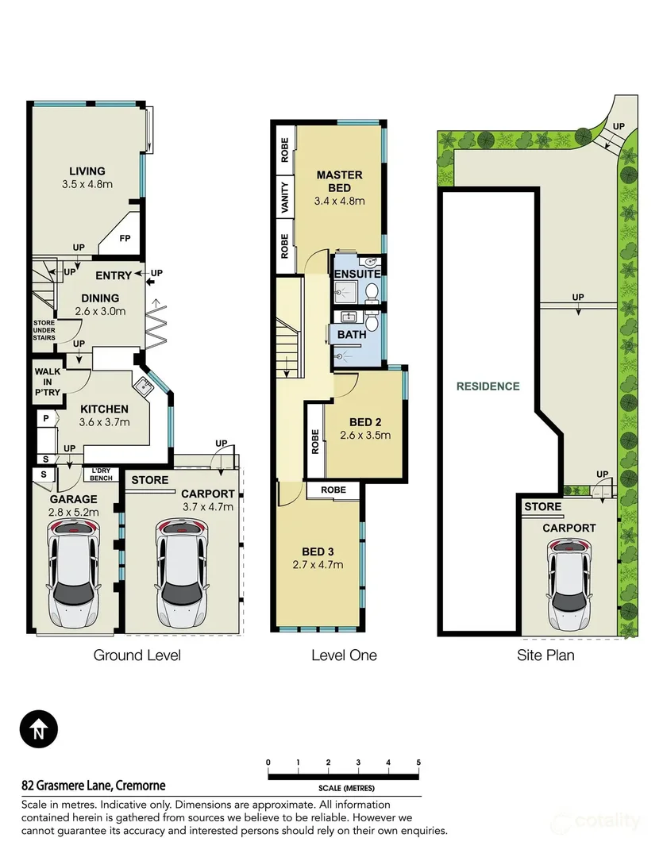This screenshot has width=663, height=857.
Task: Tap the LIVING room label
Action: (87, 171)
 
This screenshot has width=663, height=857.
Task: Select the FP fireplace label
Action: (125, 238)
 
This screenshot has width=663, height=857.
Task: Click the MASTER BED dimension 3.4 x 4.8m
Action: (339, 201)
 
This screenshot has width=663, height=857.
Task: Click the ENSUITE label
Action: (357, 274)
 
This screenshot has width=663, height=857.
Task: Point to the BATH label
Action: (352, 334)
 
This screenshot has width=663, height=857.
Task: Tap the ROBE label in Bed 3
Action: (333, 490)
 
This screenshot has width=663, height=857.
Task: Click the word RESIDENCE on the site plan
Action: (488, 386)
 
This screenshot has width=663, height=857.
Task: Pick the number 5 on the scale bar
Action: (418, 763)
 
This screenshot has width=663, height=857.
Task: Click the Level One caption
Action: (344, 655)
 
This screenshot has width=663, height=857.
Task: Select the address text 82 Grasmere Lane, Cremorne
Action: (94, 786)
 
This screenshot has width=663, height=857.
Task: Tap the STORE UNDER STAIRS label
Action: (44, 330)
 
